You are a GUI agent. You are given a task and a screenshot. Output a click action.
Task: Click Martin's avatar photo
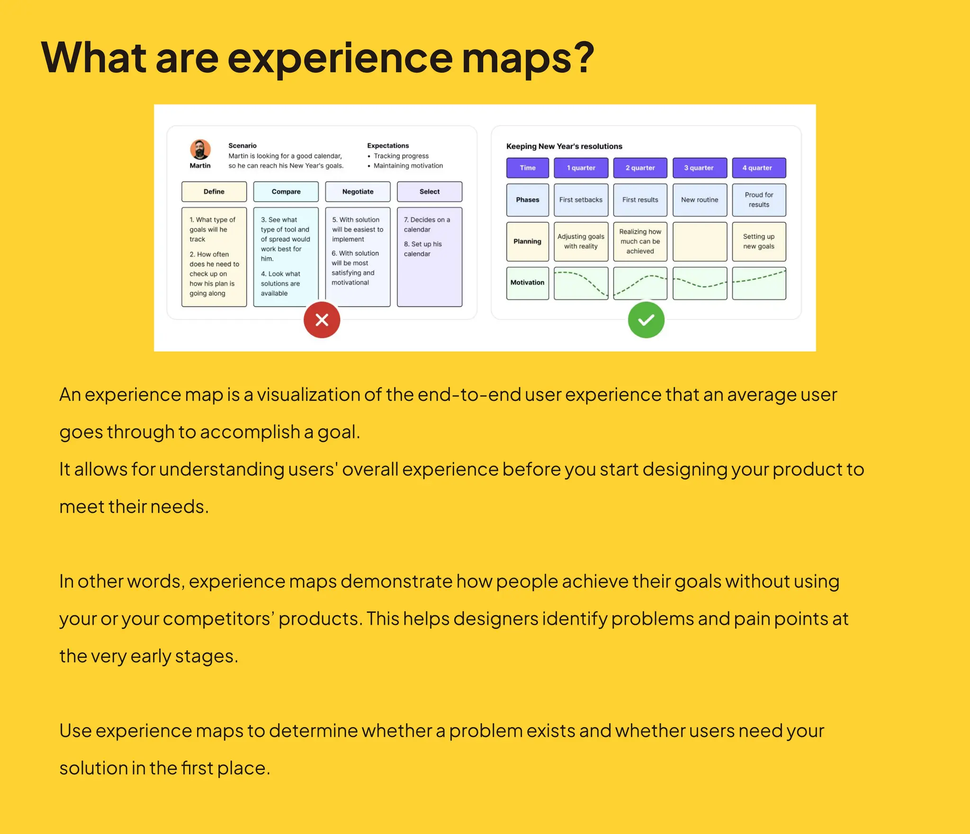click(x=200, y=150)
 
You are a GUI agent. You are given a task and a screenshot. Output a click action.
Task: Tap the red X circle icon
click(x=322, y=320)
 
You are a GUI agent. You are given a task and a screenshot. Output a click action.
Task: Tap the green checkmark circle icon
click(x=646, y=320)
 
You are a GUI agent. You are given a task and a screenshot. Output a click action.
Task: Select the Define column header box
click(x=214, y=192)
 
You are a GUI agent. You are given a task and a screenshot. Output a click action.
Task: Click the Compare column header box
click(x=286, y=192)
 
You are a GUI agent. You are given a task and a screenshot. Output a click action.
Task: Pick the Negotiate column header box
click(x=358, y=192)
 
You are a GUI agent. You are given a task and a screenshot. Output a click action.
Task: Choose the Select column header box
click(x=429, y=192)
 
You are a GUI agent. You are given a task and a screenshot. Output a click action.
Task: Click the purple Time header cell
click(x=527, y=168)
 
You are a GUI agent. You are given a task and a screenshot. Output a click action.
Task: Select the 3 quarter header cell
click(x=699, y=168)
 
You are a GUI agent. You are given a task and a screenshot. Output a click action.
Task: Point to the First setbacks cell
click(x=581, y=200)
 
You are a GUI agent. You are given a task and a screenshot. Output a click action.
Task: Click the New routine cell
click(x=700, y=200)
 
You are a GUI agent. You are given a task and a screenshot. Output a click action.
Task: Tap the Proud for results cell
click(x=759, y=200)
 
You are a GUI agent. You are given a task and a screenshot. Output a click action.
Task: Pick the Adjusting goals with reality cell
click(x=581, y=242)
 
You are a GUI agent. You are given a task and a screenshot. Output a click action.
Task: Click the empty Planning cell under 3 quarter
click(x=700, y=242)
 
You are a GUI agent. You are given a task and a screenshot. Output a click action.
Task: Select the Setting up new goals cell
click(x=759, y=242)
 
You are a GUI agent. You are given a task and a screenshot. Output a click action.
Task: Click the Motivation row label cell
click(x=527, y=283)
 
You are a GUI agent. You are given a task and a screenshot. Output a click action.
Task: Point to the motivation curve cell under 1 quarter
click(x=581, y=283)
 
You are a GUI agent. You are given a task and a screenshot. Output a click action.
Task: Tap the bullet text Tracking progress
click(x=401, y=156)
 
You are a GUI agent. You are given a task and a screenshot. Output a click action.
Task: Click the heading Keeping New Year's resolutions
click(x=564, y=147)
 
